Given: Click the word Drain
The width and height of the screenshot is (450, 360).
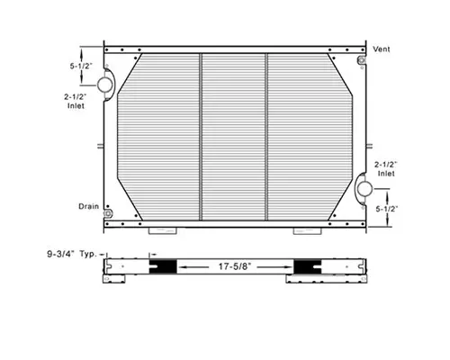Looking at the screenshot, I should point(88,206).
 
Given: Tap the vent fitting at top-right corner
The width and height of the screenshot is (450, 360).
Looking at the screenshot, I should point(360,61).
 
